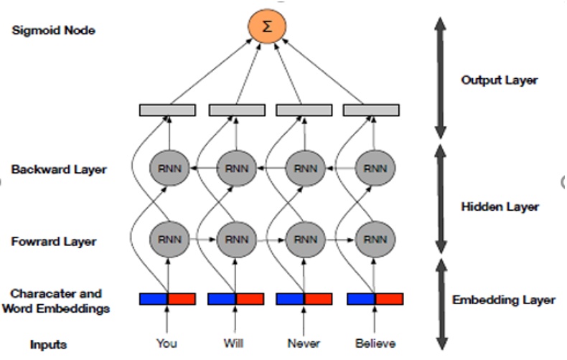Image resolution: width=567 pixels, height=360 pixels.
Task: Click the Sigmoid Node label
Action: (54, 30)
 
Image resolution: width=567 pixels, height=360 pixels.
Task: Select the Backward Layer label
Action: (59, 170)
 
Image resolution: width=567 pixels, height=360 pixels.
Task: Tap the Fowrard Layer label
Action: (54, 242)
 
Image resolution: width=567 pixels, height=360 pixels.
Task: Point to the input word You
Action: (167, 344)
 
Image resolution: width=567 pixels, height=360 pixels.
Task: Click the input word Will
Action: (233, 344)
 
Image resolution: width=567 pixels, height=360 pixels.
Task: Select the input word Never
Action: (303, 344)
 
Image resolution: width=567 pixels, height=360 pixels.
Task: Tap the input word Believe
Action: (375, 344)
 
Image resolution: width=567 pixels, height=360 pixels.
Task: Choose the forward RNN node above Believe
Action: (375, 239)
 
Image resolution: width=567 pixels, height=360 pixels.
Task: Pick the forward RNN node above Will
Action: (235, 239)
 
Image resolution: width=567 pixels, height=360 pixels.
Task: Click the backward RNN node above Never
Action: (305, 169)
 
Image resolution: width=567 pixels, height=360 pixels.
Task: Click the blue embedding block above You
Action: (153, 298)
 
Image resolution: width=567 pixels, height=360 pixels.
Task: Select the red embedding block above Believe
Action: (389, 298)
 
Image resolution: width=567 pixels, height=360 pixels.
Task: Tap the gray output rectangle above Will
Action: (237, 110)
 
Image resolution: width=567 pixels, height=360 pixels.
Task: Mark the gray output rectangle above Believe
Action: (371, 110)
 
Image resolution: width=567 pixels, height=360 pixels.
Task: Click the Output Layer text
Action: (499, 80)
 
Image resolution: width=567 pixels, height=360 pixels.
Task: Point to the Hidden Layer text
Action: (500, 207)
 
